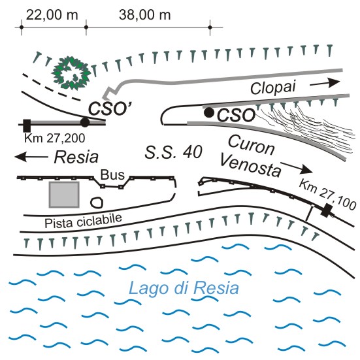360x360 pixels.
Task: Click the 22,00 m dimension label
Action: point(52,15)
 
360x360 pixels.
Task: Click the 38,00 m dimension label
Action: point(145,15)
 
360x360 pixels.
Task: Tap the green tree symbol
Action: point(71,73)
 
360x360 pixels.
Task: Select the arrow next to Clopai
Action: point(325,83)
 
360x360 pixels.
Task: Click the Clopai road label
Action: point(272,88)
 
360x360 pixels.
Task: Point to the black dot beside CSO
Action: point(209,112)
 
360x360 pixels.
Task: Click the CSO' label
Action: point(110,108)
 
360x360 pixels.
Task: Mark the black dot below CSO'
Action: point(85,122)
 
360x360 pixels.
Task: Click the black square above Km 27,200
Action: point(27,125)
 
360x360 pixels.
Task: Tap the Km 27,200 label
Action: point(55,139)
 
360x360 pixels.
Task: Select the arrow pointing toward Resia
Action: point(31,157)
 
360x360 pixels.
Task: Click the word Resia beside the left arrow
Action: point(76,157)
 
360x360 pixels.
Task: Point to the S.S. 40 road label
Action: point(174,152)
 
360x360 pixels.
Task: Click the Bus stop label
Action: point(112,174)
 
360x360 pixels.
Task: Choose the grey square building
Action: point(64,195)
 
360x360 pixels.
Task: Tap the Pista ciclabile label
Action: point(83,221)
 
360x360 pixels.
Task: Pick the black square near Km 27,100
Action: point(327,210)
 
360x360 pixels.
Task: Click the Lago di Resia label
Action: point(184,289)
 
